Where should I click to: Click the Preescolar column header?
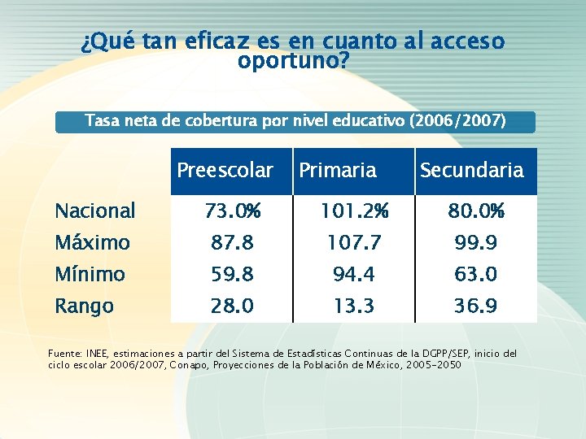(x=225, y=171)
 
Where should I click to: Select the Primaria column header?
(x=338, y=171)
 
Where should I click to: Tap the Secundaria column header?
(x=471, y=171)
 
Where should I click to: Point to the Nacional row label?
(x=94, y=211)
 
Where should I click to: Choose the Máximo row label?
(x=92, y=243)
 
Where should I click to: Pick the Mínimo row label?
(x=90, y=275)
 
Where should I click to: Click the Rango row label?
(x=84, y=306)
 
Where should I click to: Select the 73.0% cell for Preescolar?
(x=232, y=211)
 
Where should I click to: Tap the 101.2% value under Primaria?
(x=354, y=211)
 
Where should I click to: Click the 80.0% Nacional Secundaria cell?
(x=476, y=211)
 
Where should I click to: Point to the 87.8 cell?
(x=232, y=243)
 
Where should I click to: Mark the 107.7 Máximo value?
(x=354, y=243)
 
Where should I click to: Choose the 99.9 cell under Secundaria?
(x=476, y=243)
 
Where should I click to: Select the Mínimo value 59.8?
(x=232, y=275)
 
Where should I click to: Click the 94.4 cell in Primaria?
(x=354, y=275)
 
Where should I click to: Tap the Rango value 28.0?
(x=232, y=306)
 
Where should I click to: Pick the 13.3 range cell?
(x=354, y=306)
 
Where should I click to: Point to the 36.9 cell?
(x=476, y=306)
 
